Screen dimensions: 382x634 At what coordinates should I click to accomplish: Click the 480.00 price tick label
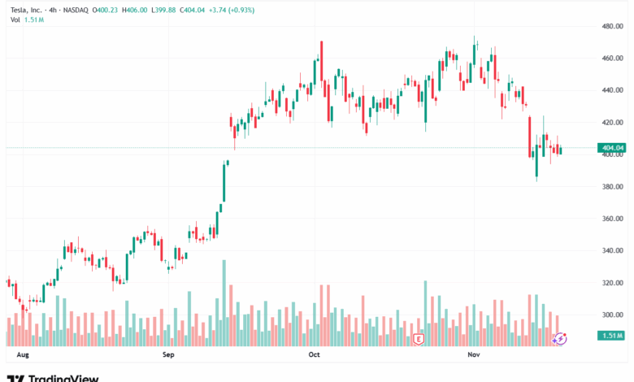point(611,26)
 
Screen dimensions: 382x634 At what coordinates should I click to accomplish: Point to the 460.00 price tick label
point(611,59)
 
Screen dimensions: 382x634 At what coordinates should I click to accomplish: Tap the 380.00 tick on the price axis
point(611,186)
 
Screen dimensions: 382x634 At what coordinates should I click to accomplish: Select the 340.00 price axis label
point(611,250)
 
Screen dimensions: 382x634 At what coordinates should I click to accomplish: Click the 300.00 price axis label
point(611,315)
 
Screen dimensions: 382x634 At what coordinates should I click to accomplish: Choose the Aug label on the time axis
point(23,355)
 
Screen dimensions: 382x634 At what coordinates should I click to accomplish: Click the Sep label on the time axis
point(168,355)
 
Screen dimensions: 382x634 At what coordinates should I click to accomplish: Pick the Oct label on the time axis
point(315,355)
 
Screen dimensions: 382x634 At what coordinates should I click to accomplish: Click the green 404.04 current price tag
point(611,148)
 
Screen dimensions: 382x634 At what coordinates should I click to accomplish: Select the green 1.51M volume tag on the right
point(611,336)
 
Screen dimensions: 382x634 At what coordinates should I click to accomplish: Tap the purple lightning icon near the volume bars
point(559,338)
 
